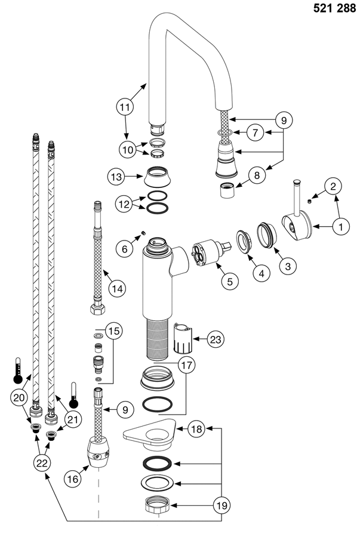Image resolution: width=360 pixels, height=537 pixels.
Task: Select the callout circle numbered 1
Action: (340, 226)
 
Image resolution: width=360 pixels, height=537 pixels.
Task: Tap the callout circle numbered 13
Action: (116, 177)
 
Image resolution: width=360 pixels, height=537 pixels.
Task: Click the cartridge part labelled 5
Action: (206, 254)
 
